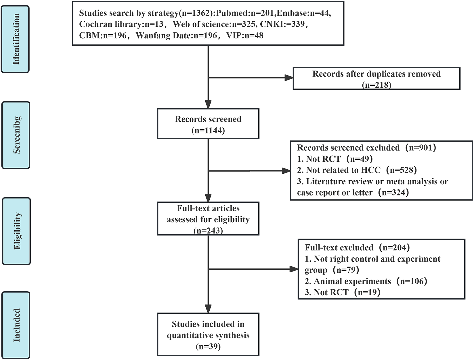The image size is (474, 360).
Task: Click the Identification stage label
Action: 16,39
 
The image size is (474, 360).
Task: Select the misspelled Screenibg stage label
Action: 16,135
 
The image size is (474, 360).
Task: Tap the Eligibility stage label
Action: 17,231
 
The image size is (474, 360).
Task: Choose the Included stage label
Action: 16,325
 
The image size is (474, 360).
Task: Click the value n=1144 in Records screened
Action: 208,131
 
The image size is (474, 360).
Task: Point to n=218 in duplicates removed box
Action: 376,85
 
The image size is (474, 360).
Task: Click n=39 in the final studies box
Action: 208,346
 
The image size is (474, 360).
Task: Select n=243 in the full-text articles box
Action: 208,231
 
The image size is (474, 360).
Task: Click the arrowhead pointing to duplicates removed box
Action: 288,78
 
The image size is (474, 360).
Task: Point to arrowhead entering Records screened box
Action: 208,104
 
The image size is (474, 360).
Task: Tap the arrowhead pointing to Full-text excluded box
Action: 293,269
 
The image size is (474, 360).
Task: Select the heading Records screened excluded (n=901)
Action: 366,148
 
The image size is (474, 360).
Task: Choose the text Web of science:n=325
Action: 214,24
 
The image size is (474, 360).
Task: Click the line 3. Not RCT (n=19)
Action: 342,292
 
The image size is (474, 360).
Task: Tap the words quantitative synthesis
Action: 208,336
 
